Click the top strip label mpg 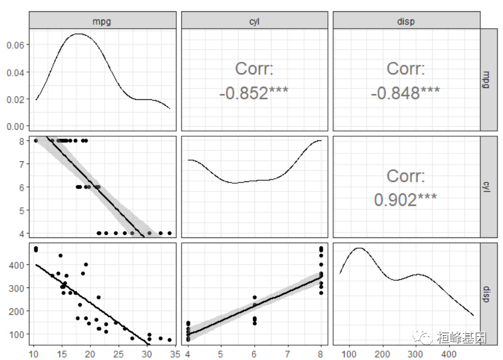[x=102, y=21]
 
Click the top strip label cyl [x=254, y=21]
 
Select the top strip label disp [x=406, y=21]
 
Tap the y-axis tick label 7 [x=22, y=164]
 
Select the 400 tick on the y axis [x=18, y=264]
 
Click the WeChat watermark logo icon [x=426, y=338]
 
